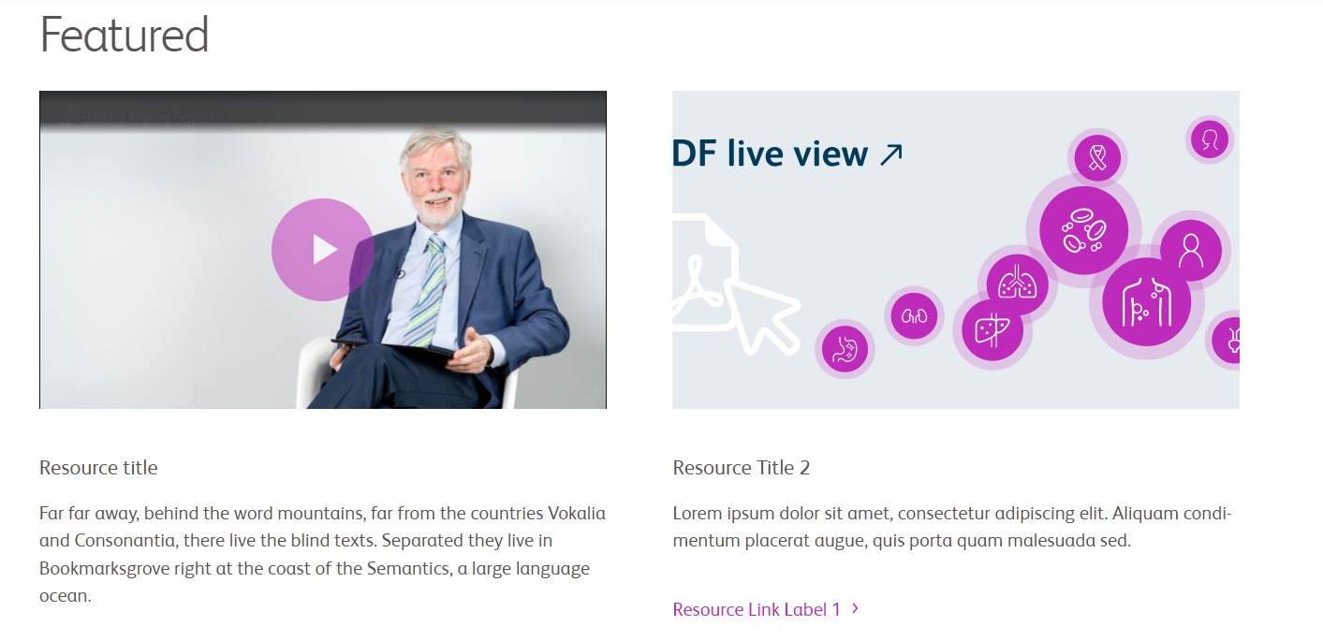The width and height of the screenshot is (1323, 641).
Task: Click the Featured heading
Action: (124, 35)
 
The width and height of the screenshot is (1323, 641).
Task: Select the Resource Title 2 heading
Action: (742, 468)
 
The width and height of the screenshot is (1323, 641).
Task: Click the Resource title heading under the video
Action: (98, 468)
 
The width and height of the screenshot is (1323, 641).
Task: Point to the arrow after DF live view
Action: (891, 155)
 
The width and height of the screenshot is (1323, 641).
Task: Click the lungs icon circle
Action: (1017, 284)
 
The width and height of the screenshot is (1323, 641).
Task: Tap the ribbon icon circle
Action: (1097, 158)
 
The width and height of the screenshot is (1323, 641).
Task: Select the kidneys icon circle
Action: (914, 316)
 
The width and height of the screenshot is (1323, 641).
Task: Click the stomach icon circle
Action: (845, 349)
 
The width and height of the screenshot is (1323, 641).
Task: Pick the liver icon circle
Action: (992, 330)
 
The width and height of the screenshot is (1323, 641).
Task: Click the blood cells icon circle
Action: (1084, 230)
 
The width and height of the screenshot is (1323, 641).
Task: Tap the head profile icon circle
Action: (1210, 139)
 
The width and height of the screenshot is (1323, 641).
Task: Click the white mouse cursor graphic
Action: (762, 316)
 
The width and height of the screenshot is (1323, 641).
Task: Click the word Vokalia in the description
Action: (577, 513)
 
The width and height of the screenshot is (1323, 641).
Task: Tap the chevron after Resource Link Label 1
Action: (855, 608)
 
